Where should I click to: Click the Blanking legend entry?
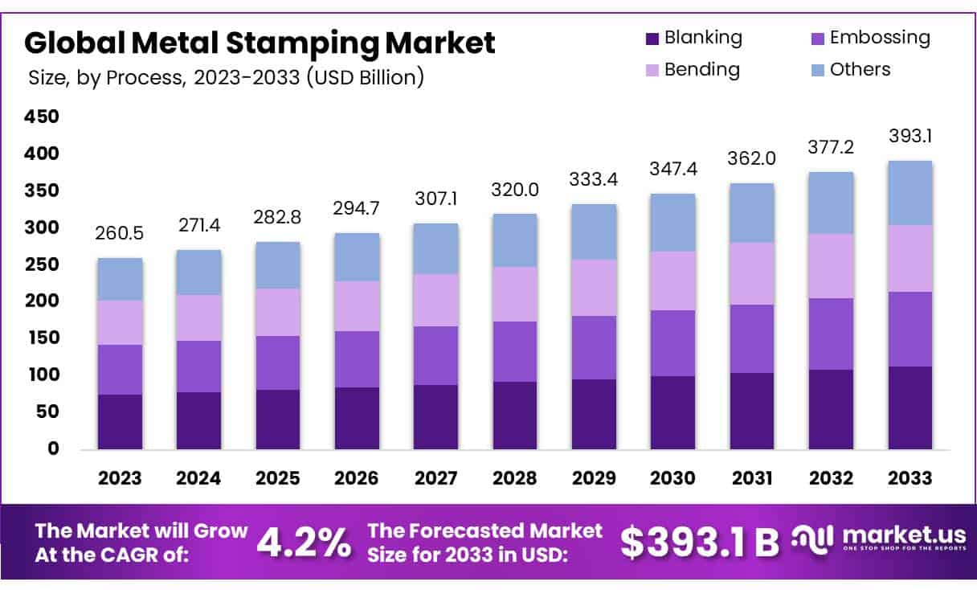(x=693, y=38)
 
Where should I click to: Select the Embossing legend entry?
(x=869, y=38)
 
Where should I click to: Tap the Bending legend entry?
(x=692, y=70)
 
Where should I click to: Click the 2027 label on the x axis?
(x=435, y=478)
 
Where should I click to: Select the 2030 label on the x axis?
(x=672, y=478)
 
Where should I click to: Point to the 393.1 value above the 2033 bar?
(x=910, y=137)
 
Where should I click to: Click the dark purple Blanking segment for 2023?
(x=121, y=421)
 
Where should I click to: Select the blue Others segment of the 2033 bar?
(x=910, y=193)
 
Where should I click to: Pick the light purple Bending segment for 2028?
(x=515, y=294)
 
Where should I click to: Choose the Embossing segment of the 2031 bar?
(x=751, y=338)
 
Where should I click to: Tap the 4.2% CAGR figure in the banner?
(x=305, y=543)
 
